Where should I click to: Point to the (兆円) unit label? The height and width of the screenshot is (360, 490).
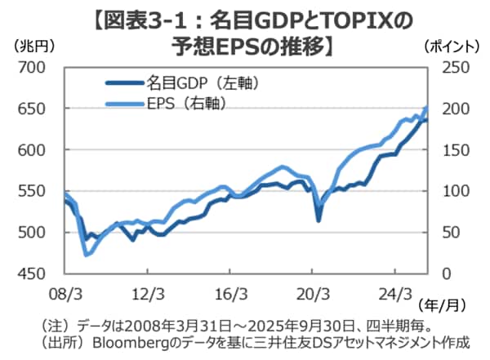coord(34,47)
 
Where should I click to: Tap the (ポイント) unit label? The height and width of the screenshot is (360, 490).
coord(454,47)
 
